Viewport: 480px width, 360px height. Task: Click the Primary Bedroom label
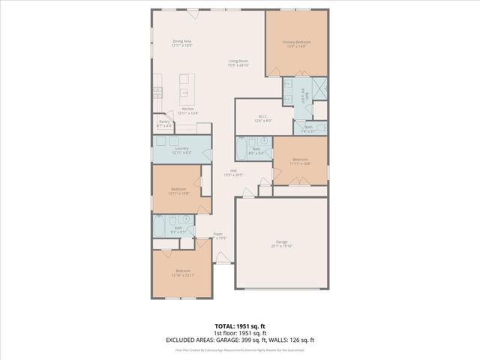point(296,44)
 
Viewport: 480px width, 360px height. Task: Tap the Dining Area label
point(182,43)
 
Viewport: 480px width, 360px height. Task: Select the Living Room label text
point(238,63)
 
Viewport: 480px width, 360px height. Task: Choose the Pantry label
point(164,123)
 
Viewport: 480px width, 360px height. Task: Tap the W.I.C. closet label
point(262,118)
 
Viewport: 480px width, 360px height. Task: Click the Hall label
point(233,172)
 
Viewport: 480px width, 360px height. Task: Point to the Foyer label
point(217,235)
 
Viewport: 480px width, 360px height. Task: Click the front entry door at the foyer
point(223,259)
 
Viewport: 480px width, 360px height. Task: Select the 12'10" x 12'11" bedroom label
point(182,272)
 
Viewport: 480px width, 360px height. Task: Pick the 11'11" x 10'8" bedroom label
point(300,161)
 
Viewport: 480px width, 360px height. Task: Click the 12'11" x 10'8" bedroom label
point(178,190)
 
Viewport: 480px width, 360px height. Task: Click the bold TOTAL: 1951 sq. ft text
point(239,327)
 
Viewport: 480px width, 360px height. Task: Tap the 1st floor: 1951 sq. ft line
point(239,333)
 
